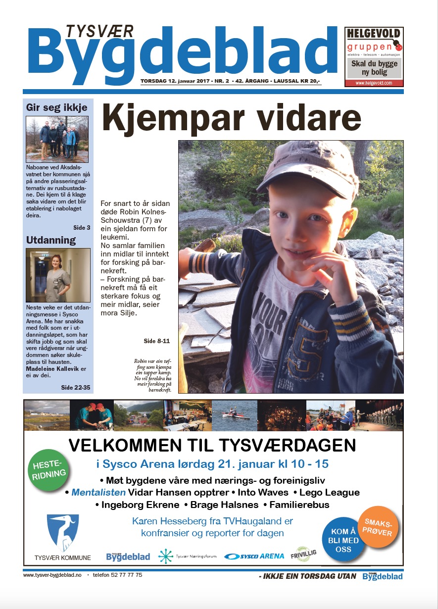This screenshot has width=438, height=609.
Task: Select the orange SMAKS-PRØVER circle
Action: coord(378,527)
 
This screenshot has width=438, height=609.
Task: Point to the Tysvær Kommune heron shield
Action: coord(63,533)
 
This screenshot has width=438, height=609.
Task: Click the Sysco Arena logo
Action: coord(254,556)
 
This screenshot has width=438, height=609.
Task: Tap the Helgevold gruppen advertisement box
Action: coord(374,56)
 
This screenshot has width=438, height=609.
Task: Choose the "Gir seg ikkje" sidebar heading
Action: coord(57,107)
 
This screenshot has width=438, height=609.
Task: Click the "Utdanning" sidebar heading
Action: coord(51,240)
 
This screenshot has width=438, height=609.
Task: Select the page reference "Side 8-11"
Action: coord(156,341)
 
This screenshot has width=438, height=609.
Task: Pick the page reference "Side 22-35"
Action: coord(75,387)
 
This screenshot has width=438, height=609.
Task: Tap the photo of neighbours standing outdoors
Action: coord(57,140)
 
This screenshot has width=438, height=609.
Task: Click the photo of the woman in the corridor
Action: coord(58,275)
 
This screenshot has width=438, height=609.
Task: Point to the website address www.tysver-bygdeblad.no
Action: coord(52,575)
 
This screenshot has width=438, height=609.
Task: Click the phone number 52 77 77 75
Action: coord(123,575)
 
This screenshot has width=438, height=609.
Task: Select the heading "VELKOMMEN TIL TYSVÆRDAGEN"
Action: coord(212,446)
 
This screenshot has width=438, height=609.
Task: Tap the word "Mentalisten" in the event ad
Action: coord(98,493)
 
